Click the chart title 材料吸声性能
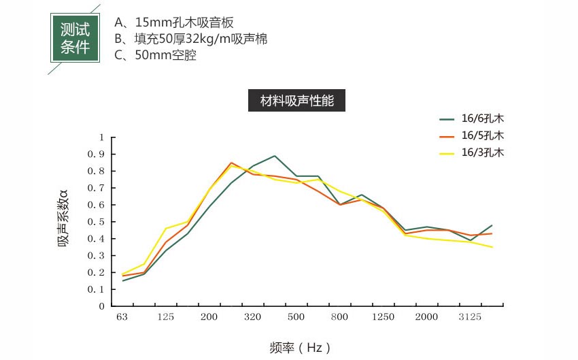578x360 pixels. click(298, 101)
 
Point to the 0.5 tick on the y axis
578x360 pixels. click(99, 222)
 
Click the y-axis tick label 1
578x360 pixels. click(102, 137)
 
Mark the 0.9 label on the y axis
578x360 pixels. click(99, 154)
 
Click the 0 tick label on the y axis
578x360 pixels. click(102, 306)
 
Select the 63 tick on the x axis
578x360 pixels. click(122, 318)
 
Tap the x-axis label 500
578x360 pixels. click(296, 318)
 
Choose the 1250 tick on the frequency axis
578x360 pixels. click(383, 318)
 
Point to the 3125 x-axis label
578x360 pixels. click(470, 318)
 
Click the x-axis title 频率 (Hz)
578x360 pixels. click(300, 348)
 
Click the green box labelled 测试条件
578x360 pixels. click(75, 39)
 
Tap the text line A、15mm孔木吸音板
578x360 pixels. click(174, 22)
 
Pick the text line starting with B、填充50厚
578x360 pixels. click(191, 39)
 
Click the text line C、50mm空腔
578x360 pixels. click(156, 56)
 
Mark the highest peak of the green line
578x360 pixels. click(275, 156)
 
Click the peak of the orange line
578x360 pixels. click(231, 163)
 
